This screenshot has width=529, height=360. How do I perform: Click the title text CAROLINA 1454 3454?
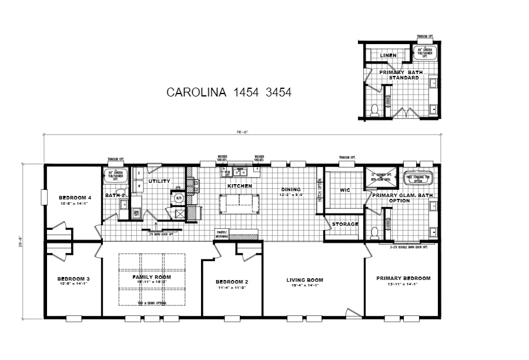point(229,92)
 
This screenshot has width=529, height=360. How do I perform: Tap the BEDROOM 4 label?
point(75,197)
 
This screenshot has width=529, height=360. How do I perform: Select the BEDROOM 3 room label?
point(73,279)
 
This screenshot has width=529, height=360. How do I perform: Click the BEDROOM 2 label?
point(232,282)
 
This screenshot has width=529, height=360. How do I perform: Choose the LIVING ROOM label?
point(305,280)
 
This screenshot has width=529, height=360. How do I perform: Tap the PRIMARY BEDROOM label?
point(403,278)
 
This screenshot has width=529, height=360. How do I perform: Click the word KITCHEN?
point(239,186)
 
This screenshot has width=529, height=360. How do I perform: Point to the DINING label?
point(290,189)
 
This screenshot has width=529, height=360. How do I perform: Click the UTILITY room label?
point(159,182)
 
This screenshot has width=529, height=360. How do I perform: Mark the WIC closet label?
point(346,190)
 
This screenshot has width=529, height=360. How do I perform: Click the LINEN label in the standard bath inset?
point(387,55)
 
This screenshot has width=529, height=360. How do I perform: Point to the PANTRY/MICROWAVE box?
point(222,234)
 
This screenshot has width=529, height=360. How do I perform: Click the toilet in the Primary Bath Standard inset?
point(374,109)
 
